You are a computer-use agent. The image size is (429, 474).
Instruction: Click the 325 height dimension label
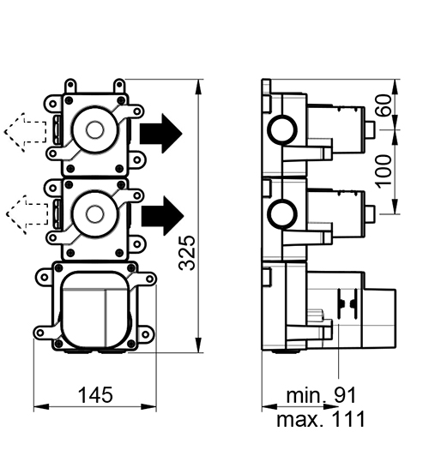click(187, 253)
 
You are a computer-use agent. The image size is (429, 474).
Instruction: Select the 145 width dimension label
click(95, 395)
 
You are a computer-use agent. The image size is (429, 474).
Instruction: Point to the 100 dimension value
click(384, 171)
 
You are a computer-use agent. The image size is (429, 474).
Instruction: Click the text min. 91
click(321, 395)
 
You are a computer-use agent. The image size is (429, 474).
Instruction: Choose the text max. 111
click(321, 419)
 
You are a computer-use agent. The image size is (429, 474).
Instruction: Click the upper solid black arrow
click(161, 134)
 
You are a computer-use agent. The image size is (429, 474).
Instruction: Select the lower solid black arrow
click(163, 215)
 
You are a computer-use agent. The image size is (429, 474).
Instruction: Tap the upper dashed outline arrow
click(26, 132)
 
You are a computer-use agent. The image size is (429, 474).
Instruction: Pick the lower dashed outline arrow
click(27, 214)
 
